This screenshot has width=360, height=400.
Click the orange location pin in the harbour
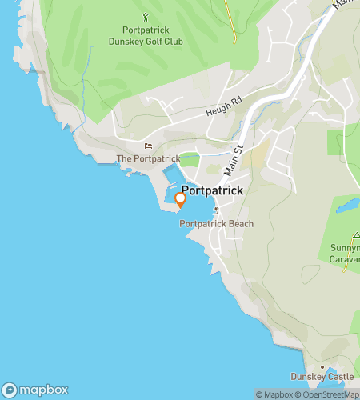[180, 199]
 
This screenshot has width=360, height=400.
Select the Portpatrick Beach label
[215, 224]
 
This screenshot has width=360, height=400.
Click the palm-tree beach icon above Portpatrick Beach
[215, 210]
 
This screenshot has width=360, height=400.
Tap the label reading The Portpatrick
[147, 159]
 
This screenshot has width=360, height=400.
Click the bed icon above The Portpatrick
[147, 146]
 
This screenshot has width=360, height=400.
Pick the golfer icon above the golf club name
[145, 15]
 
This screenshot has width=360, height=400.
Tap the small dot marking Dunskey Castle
[322, 366]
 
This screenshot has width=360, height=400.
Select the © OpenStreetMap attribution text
[328, 394]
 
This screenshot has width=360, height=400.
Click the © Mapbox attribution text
[274, 394]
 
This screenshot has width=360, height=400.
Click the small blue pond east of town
[347, 205]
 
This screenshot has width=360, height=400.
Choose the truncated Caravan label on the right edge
[345, 259]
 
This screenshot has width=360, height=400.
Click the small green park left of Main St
[190, 160]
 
